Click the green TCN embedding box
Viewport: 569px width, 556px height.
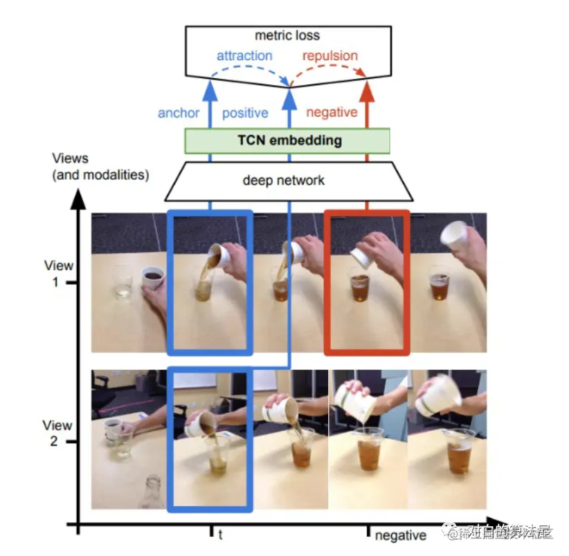point(287,140)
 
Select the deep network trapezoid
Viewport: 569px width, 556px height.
point(283,180)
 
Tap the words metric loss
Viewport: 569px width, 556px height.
point(287,35)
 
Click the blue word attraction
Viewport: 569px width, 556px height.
point(244,55)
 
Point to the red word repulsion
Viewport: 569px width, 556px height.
point(330,55)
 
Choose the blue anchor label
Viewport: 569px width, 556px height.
point(179,113)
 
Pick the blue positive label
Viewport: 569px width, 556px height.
point(245,113)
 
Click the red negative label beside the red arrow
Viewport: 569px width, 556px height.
point(332,113)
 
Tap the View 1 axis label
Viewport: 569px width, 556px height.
point(58,274)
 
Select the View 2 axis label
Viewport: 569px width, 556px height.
point(58,433)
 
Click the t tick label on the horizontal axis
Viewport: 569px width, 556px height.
point(220,535)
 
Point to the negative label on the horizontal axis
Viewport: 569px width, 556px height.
point(400,535)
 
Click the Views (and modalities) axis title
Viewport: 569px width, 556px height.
point(100,167)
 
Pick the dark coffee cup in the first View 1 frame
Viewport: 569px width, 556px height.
point(153,278)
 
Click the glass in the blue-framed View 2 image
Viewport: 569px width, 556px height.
point(215,456)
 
